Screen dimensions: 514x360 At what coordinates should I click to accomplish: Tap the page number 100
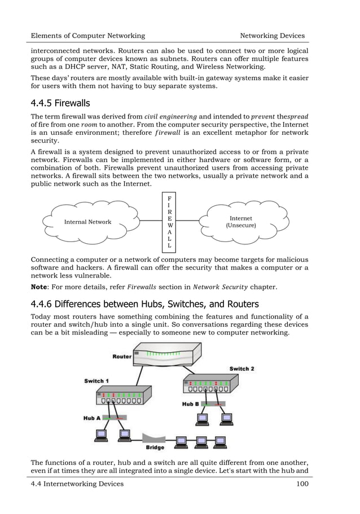pyautogui.click(x=301, y=484)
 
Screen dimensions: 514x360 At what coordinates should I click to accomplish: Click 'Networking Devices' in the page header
pyautogui.click(x=273, y=36)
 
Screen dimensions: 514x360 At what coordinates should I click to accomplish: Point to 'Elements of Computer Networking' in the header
pyautogui.click(x=88, y=36)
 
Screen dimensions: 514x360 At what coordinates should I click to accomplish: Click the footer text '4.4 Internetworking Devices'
pyautogui.click(x=77, y=484)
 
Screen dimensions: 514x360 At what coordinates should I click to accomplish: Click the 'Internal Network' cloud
pyautogui.click(x=87, y=222)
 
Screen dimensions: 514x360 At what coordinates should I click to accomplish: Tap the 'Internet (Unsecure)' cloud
pyautogui.click(x=241, y=221)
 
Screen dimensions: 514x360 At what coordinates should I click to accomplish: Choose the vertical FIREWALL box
pyautogui.click(x=170, y=222)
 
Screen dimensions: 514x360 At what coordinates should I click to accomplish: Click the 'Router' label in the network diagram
pyautogui.click(x=122, y=357)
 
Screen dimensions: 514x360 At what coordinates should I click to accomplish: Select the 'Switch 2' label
pyautogui.click(x=242, y=368)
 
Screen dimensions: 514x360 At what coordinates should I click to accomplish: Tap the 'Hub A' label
pyautogui.click(x=92, y=418)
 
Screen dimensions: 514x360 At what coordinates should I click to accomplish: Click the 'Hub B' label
pyautogui.click(x=190, y=404)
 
